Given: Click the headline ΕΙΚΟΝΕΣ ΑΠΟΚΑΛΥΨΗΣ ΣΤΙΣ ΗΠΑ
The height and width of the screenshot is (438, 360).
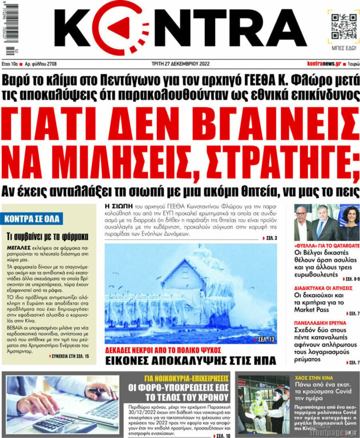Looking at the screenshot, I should tap(181, 360).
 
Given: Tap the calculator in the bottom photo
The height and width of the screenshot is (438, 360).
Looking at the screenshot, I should tap(54, 422).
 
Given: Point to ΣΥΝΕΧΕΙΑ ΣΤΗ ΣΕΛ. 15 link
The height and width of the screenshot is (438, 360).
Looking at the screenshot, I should tap(67, 356).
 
